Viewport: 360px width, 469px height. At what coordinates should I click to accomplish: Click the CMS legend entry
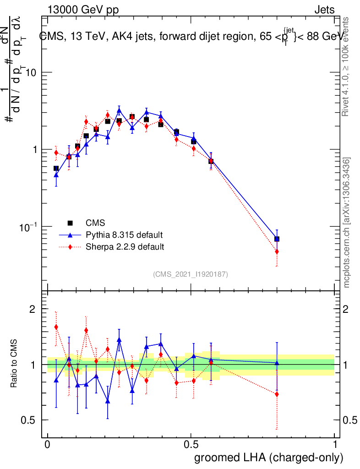tap(95, 223)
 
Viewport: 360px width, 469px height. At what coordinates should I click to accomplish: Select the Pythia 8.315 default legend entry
tap(124, 235)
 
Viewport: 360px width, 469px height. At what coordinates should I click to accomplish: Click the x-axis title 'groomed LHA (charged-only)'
tap(269, 458)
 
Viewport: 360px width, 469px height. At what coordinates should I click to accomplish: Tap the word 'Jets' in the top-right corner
tap(324, 10)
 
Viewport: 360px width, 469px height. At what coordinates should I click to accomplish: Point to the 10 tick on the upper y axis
tap(31, 73)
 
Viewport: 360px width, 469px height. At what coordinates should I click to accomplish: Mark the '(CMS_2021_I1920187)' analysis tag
tap(191, 274)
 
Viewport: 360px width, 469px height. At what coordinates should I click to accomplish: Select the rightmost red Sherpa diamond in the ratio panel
tap(277, 394)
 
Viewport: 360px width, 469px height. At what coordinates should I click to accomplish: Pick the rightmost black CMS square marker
tap(277, 239)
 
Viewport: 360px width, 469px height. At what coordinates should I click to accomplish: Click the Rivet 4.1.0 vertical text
tap(347, 66)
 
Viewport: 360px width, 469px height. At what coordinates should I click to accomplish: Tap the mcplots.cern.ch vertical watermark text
tap(347, 222)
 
